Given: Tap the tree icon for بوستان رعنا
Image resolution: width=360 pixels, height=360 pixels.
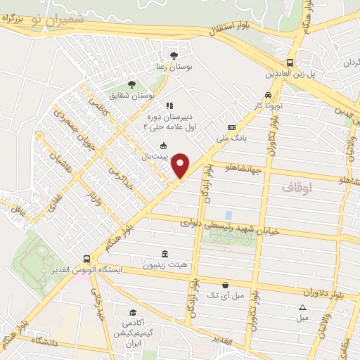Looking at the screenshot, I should (174, 55).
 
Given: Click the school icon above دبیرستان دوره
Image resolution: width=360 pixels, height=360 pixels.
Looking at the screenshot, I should (169, 105).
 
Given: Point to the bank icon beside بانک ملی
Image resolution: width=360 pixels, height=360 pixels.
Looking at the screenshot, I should (231, 127).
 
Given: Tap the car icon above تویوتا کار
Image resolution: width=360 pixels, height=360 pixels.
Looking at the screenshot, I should (268, 96).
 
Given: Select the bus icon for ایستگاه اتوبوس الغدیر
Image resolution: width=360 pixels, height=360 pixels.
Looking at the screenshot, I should (86, 259).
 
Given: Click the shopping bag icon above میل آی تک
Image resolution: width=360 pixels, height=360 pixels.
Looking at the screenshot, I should (224, 285).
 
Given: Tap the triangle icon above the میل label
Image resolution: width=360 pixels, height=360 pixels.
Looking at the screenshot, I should (302, 307).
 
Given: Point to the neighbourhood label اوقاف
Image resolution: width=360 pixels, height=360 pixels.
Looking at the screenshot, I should (296, 188).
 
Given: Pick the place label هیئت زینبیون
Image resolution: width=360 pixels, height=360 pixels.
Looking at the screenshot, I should (165, 266).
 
